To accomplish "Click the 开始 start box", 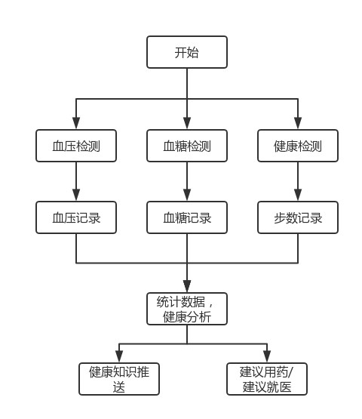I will (186, 52).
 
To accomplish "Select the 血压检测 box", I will (76, 146).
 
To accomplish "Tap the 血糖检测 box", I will (186, 146).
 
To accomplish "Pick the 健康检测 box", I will (298, 146).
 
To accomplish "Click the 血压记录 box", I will (76, 217).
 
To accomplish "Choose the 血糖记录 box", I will (186, 217).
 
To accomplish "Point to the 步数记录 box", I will (298, 217).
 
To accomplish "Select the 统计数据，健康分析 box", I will (186, 309).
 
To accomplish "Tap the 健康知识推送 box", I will (119, 379).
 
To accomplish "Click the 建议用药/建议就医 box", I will (267, 379).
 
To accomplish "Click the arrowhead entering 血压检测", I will (76, 124).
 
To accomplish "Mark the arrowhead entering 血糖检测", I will (186, 124).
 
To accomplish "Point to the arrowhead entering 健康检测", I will (298, 124).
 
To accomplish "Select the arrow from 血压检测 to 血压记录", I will (76, 181).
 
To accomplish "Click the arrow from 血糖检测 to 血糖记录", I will (186, 181).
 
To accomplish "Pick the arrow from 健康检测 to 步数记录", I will (298, 181).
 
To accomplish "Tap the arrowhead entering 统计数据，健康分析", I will (186, 287).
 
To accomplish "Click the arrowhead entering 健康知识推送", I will (119, 357).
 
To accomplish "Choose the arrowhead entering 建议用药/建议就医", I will (267, 357).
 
